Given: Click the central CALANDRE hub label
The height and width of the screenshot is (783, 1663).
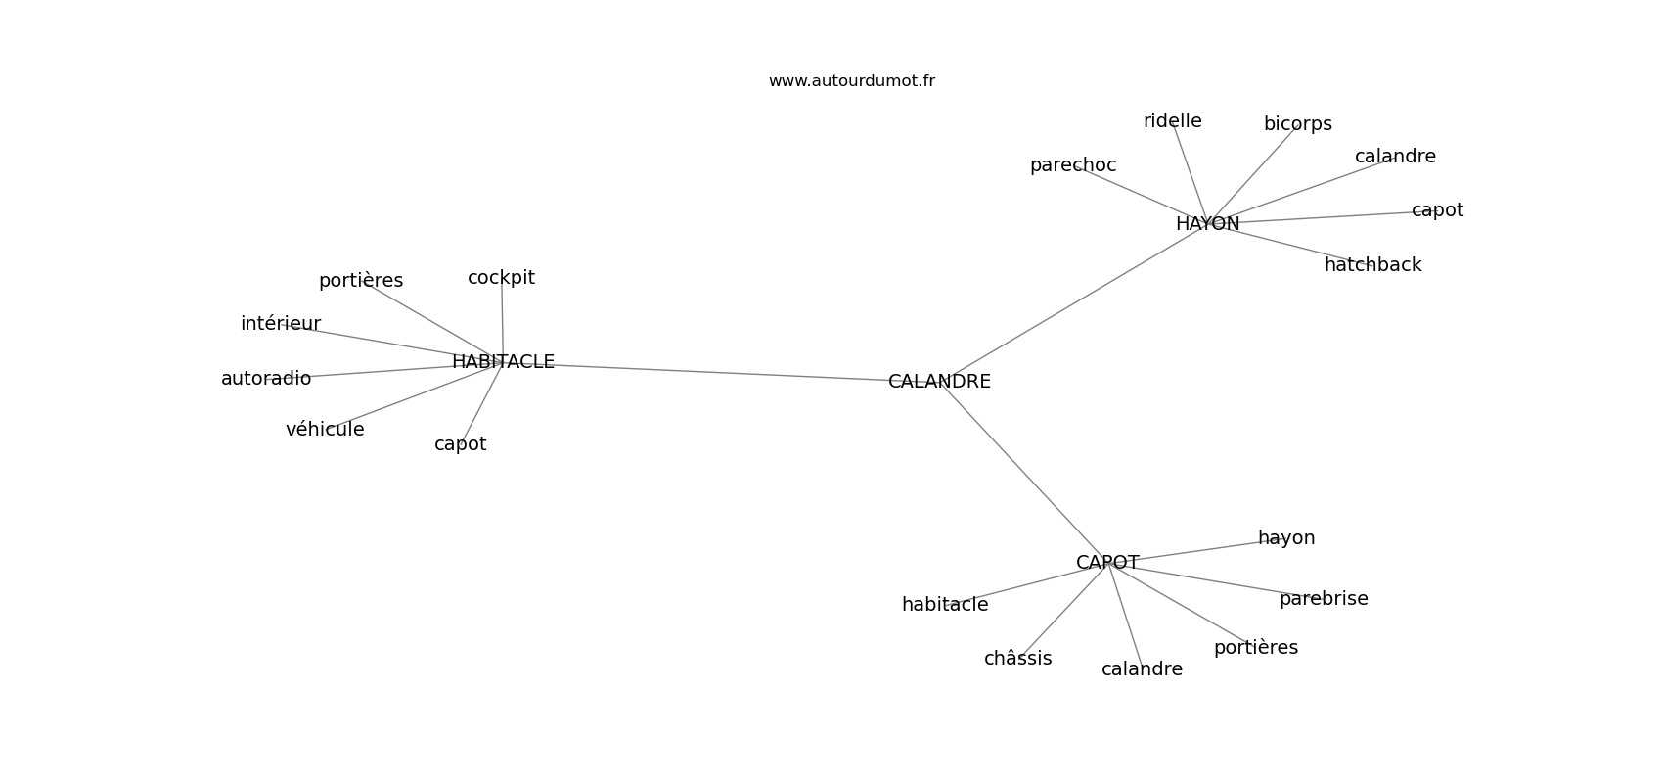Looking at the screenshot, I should [939, 382].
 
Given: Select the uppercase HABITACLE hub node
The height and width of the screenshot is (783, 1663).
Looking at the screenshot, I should [503, 362].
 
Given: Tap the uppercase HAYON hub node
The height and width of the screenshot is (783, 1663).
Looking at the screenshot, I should [1207, 224].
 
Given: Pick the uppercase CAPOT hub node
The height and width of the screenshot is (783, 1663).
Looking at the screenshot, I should [1107, 563].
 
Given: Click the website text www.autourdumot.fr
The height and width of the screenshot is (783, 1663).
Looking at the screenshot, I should [851, 81].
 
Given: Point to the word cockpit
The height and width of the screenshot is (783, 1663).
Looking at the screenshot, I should [501, 278].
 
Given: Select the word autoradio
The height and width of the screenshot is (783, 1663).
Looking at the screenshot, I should [266, 379].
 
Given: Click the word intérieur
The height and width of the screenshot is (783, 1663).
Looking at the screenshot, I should [281, 324].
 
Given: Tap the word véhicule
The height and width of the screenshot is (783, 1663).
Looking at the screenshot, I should [325, 430].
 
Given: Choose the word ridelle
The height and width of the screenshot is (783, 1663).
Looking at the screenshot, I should [1172, 121].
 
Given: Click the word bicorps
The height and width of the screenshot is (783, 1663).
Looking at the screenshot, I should [1297, 124].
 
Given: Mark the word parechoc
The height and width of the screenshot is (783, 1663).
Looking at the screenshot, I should [1072, 165].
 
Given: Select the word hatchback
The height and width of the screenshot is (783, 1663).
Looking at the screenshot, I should [1372, 265].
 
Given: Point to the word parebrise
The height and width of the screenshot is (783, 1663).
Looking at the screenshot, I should [1324, 599].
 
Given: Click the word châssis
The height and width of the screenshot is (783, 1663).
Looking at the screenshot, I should [1017, 659].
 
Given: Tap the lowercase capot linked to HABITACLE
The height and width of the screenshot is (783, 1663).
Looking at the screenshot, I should [460, 444].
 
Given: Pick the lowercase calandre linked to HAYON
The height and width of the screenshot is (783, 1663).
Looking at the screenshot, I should [1395, 157].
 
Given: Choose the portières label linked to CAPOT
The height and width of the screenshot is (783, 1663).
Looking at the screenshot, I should [1255, 648].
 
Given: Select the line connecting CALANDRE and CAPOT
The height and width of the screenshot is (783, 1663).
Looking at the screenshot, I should [1023, 472].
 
